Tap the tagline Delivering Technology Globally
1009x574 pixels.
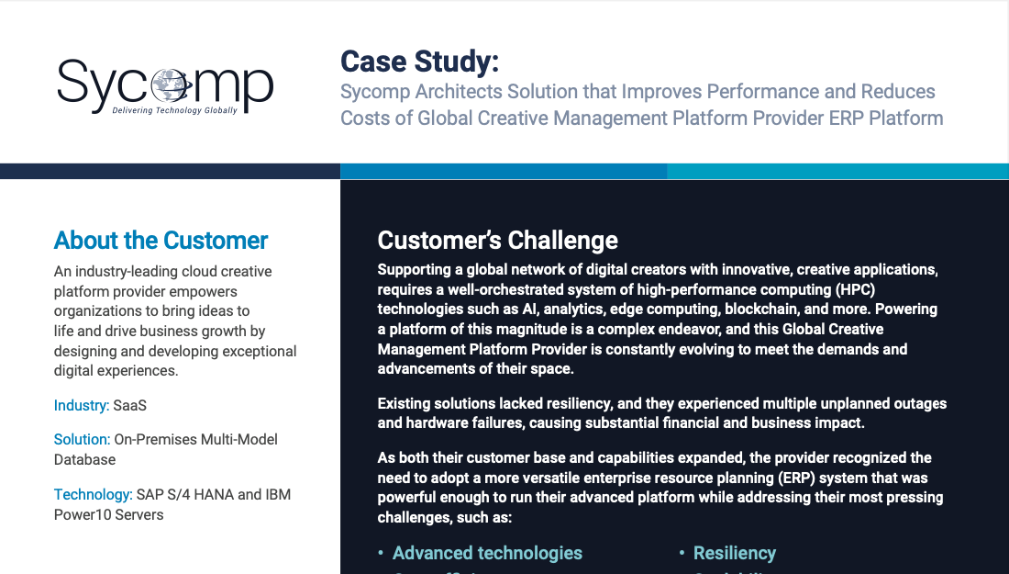pyautogui.click(x=175, y=110)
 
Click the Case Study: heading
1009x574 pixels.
pyautogui.click(x=419, y=62)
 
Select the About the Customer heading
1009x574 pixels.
pyautogui.click(x=161, y=241)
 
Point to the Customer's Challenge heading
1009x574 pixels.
pyautogui.click(x=497, y=241)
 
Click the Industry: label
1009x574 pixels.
pyautogui.click(x=82, y=405)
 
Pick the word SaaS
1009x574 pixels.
pyautogui.click(x=130, y=405)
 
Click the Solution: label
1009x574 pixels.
pyautogui.click(x=83, y=439)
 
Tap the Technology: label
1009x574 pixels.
pyautogui.click(x=94, y=495)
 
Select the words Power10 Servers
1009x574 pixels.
pyautogui.click(x=109, y=514)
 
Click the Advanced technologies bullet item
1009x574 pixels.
pyautogui.click(x=487, y=554)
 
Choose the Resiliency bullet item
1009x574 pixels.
pyautogui.click(x=734, y=554)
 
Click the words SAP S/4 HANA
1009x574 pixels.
pyautogui.click(x=184, y=495)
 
